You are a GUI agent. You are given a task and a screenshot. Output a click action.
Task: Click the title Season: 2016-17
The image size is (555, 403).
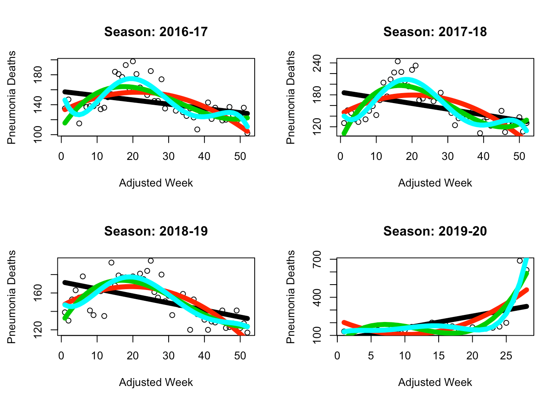[x=156, y=32]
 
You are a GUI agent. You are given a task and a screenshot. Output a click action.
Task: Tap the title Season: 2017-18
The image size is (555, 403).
[x=435, y=32]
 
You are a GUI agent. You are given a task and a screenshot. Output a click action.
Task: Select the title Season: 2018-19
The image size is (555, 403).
[x=156, y=231]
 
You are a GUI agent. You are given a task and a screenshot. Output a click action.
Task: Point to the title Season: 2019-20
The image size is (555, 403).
[x=435, y=231]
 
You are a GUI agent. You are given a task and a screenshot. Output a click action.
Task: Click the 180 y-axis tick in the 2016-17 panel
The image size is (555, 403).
[x=38, y=75]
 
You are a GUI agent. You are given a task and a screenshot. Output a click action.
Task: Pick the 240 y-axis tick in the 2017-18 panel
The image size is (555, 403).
[x=317, y=63]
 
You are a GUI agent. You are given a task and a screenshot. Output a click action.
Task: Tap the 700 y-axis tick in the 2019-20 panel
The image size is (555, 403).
[x=317, y=260]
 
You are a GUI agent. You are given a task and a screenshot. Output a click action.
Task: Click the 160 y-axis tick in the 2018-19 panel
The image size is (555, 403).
[x=38, y=293]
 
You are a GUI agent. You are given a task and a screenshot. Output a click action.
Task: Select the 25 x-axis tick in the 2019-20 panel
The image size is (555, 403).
[x=506, y=356]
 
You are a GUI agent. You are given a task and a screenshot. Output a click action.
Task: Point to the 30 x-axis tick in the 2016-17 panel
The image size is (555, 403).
[x=169, y=156]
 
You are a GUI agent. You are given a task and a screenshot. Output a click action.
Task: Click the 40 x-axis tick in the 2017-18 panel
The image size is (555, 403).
[x=484, y=156]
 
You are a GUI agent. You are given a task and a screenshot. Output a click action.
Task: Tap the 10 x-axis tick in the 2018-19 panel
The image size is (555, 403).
[x=97, y=356]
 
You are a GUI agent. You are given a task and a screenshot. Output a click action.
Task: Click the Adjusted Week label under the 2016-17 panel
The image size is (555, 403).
[x=156, y=183]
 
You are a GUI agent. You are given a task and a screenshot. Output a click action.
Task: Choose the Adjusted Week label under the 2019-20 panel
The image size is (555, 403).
[x=435, y=382]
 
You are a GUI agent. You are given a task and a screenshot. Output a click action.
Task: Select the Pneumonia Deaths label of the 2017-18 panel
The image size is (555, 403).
[x=291, y=98]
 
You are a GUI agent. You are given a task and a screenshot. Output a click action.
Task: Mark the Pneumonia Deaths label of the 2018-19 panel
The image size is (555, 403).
[x=12, y=297]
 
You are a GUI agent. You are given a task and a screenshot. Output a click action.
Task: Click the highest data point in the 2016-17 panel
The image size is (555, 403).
[x=133, y=61]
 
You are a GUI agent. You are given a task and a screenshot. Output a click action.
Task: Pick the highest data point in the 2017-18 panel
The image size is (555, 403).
[x=398, y=61]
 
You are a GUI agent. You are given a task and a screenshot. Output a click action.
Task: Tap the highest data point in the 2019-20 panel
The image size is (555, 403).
[x=520, y=261]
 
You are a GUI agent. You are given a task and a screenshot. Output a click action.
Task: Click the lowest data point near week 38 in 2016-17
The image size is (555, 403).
[x=197, y=129]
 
